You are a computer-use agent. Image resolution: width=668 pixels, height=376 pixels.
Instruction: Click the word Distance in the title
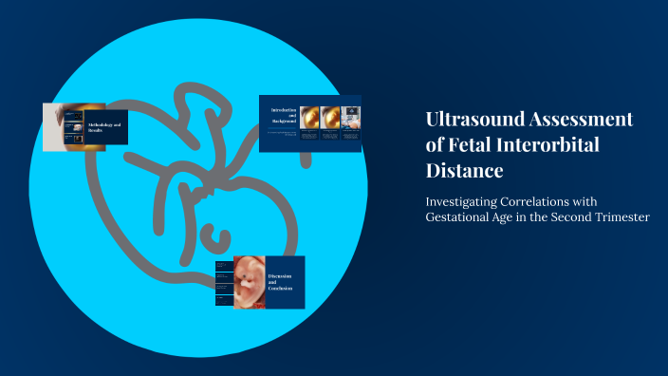click(x=464, y=171)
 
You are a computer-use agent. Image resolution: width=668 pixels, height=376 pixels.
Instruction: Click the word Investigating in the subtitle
click(x=469, y=201)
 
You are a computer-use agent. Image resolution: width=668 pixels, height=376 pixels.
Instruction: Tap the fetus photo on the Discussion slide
click(x=249, y=282)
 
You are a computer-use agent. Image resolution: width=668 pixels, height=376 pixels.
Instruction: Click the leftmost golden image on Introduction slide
click(x=309, y=117)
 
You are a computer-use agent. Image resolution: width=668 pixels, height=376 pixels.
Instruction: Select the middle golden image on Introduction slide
click(x=330, y=117)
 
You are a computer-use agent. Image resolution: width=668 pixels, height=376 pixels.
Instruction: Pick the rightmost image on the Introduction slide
click(x=351, y=117)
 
